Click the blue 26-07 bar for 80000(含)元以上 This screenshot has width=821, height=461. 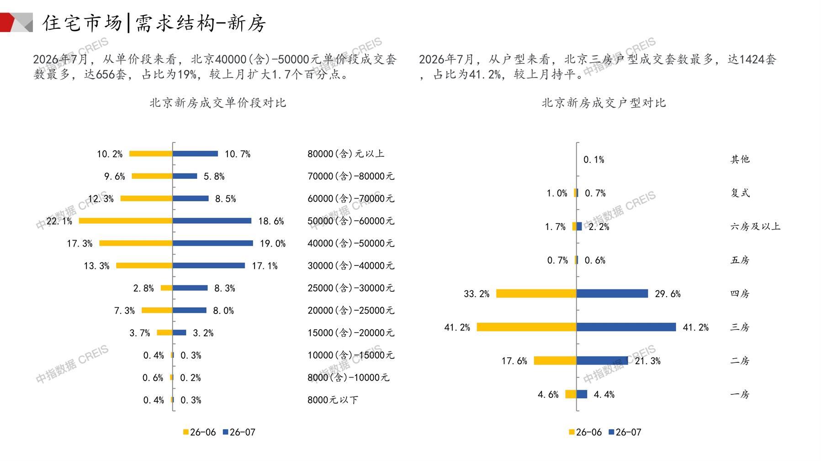196,154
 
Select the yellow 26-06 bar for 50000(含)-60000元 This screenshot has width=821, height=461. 126,221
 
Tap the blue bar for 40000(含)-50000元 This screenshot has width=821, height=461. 213,243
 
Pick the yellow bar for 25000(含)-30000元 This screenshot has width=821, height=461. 167,288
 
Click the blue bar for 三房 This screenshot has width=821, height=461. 626,327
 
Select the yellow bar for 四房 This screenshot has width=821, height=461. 536,293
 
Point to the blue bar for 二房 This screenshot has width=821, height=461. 603,361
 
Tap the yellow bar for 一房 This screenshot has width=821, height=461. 571,394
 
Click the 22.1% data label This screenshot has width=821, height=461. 59,221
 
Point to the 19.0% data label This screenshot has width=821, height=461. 273,244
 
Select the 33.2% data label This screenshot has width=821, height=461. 477,294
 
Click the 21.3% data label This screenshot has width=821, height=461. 648,361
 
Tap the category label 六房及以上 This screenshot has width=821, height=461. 756,226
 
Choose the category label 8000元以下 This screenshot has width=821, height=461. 333,400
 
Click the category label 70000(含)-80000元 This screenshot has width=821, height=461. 351,176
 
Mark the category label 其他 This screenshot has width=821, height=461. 740,159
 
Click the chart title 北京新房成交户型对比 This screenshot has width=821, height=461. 604,103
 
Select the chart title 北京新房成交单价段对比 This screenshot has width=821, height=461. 218,103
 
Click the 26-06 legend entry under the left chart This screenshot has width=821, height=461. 199,432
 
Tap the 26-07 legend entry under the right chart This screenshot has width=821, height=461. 625,432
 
